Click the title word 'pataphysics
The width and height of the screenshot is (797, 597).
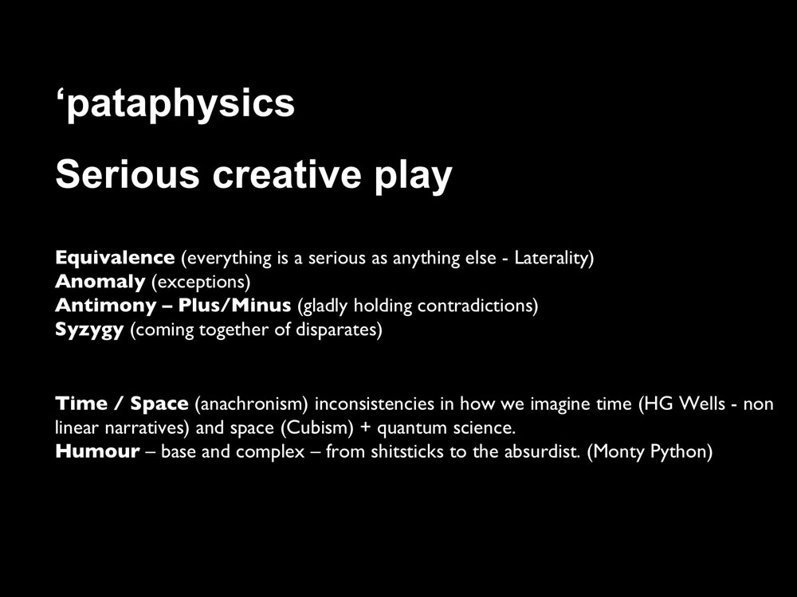pyautogui.click(x=175, y=104)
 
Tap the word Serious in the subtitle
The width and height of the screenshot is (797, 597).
pyautogui.click(x=127, y=174)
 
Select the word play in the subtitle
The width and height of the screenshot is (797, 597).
pyautogui.click(x=413, y=177)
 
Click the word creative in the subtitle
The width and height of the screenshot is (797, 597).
pyautogui.click(x=287, y=174)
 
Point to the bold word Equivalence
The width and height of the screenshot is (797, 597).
pyautogui.click(x=115, y=257)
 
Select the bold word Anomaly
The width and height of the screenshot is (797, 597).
pyautogui.click(x=100, y=282)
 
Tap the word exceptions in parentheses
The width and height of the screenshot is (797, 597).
pyautogui.click(x=202, y=283)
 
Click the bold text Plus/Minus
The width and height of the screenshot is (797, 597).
pyautogui.click(x=234, y=305)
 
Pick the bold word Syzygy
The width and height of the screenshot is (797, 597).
pyautogui.click(x=89, y=330)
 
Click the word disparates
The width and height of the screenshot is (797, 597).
pyautogui.click(x=339, y=330)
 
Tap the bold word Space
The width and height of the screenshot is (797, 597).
pyautogui.click(x=159, y=404)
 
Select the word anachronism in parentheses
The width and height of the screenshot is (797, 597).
pyautogui.click(x=252, y=404)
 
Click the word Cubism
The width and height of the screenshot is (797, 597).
pyautogui.click(x=317, y=428)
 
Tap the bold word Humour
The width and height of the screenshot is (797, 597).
pyautogui.click(x=97, y=451)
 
